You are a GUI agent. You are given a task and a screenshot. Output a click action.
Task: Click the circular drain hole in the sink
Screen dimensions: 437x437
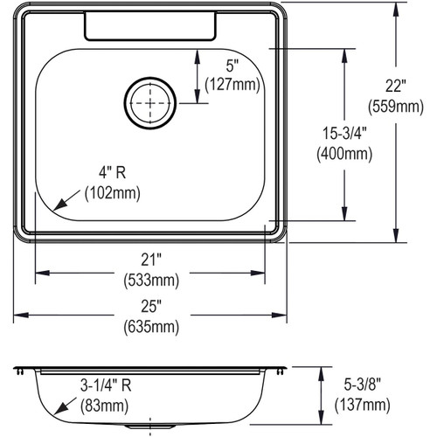point(155,102)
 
